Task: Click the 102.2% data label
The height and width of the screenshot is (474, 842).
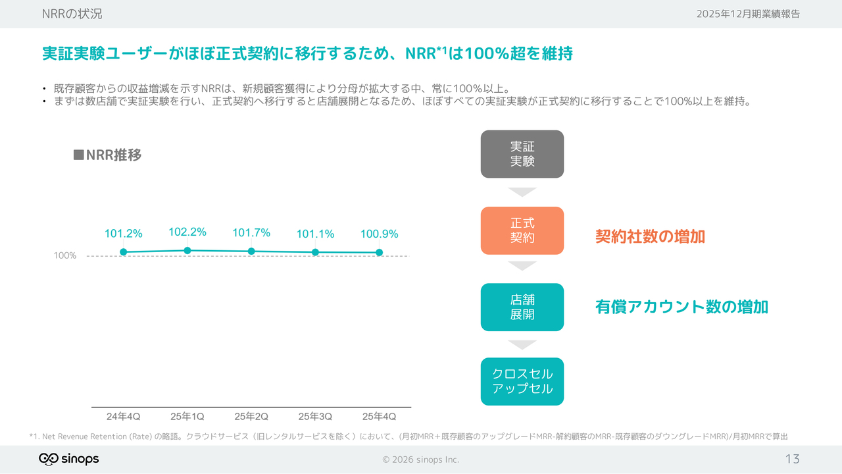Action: pyautogui.click(x=187, y=232)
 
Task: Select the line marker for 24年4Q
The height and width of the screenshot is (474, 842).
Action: pyautogui.click(x=123, y=252)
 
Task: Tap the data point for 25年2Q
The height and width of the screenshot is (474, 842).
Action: pyautogui.click(x=251, y=251)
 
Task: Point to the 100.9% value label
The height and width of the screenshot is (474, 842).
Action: pyautogui.click(x=379, y=234)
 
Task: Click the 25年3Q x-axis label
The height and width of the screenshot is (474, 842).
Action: pyautogui.click(x=315, y=417)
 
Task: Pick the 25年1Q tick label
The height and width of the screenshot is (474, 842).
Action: pyautogui.click(x=187, y=417)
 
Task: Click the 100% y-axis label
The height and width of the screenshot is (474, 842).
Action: pyautogui.click(x=65, y=255)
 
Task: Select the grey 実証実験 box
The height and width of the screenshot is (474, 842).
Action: pyautogui.click(x=522, y=154)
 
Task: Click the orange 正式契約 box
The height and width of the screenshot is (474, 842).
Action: pyautogui.click(x=522, y=230)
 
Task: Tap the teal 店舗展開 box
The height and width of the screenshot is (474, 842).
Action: pyautogui.click(x=522, y=307)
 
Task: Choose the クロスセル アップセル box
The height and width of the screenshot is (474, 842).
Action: pyautogui.click(x=522, y=382)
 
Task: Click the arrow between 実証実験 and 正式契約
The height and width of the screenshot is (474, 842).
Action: pyautogui.click(x=522, y=192)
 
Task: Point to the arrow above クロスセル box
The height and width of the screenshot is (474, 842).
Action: pyautogui.click(x=522, y=345)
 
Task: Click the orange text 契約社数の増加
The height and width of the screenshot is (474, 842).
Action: pyautogui.click(x=650, y=237)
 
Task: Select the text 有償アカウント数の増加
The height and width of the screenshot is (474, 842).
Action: pyautogui.click(x=681, y=307)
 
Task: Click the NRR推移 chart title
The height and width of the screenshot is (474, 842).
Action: pyautogui.click(x=107, y=155)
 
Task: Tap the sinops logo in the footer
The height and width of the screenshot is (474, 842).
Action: pyautogui.click(x=69, y=459)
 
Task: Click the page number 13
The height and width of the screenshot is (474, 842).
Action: pyautogui.click(x=792, y=459)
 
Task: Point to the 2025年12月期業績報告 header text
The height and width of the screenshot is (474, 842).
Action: pyautogui.click(x=748, y=14)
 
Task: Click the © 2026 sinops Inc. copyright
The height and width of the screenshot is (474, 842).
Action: pyautogui.click(x=421, y=460)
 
